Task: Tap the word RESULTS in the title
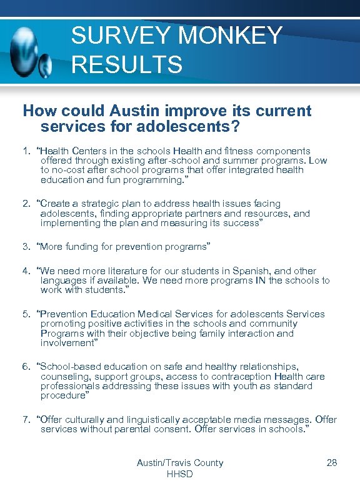coord(127,64)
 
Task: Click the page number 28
coord(332,463)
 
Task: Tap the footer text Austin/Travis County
coord(180,463)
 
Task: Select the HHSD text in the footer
coord(180,474)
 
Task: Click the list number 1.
coord(26,151)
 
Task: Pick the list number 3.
coord(26,247)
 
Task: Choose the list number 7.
coord(26,420)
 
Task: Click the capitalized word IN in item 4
coord(260,280)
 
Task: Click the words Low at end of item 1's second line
coord(318,161)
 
